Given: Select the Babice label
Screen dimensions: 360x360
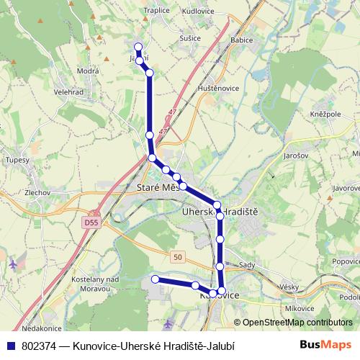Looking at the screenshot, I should [243, 40].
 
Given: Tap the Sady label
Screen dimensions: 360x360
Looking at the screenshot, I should [247, 265].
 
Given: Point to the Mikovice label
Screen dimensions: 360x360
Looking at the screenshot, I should [279, 308].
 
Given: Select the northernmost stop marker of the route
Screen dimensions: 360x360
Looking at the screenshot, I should [138, 47].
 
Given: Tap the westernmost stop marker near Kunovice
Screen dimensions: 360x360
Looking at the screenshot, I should [155, 279].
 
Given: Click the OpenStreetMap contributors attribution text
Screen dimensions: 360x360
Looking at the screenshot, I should [297, 323].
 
